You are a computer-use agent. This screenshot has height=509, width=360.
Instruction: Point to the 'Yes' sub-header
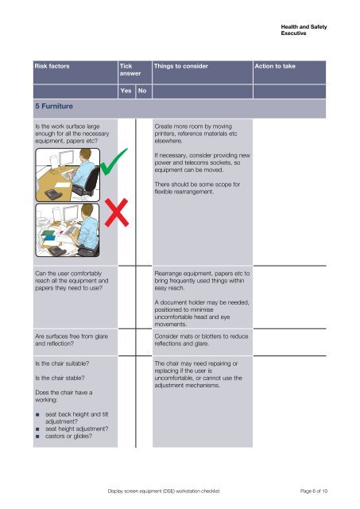click(125, 91)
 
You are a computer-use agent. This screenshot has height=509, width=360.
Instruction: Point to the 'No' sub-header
click(142, 91)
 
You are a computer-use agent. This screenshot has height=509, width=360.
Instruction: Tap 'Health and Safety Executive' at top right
click(304, 30)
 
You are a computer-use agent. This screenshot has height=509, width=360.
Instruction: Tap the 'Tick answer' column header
click(126, 71)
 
